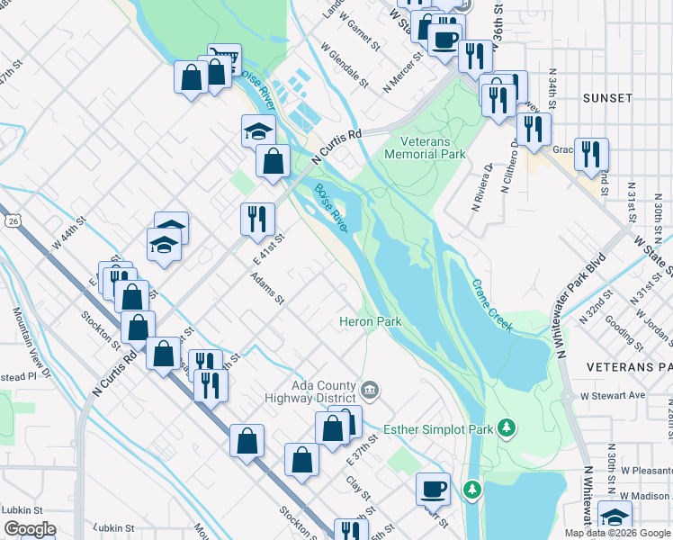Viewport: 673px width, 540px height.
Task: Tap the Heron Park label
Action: click(369, 321)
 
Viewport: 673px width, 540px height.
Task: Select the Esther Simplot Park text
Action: click(439, 429)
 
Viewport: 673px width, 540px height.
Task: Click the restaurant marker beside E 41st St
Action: click(256, 218)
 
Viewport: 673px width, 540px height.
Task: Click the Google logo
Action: click(30, 529)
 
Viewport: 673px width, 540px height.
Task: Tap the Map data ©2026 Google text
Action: click(617, 533)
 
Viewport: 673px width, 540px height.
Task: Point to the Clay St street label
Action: click(359, 487)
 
